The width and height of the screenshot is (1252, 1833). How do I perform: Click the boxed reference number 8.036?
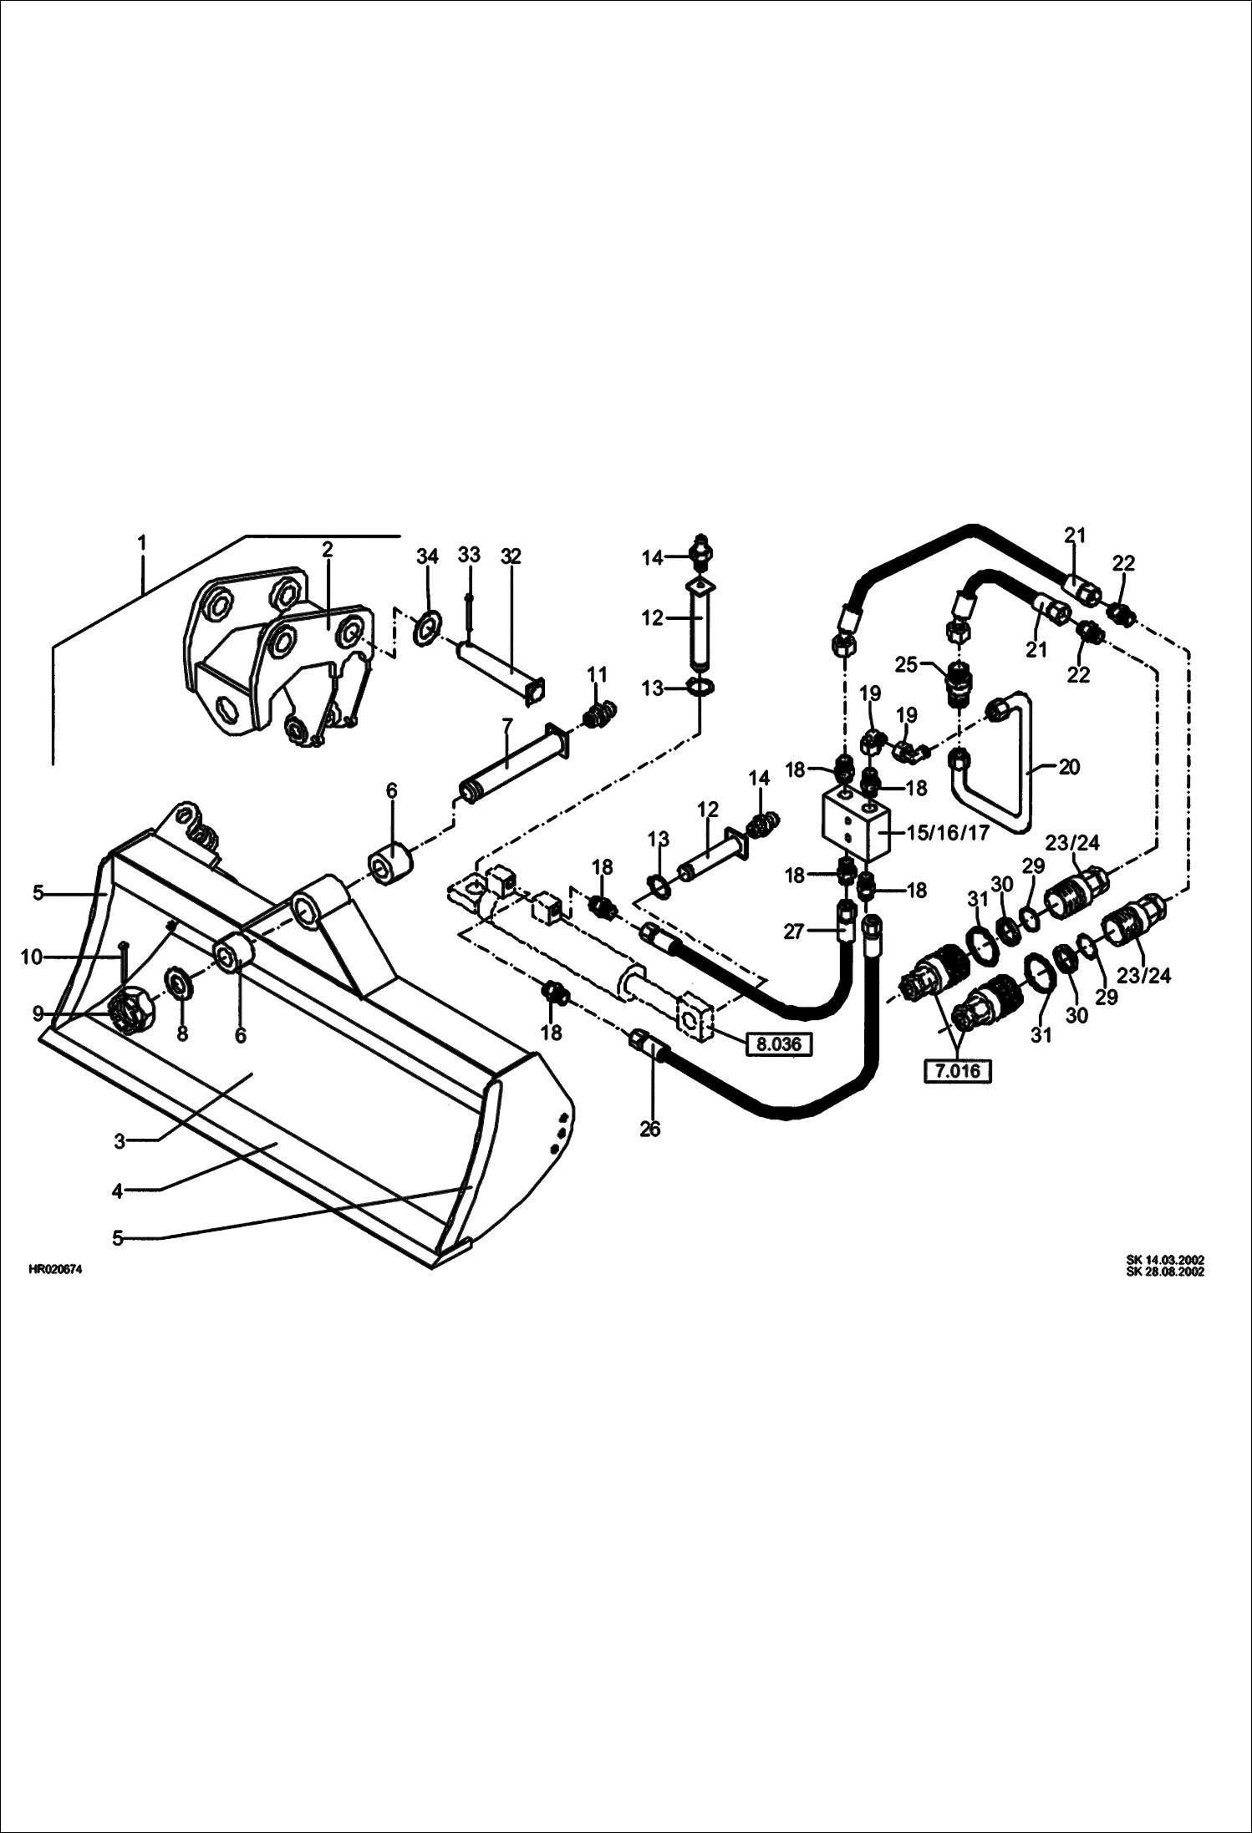pos(778,1043)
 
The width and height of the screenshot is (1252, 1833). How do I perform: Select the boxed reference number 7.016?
pos(957,1071)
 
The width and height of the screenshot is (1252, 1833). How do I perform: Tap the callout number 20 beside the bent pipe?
pos(1069,767)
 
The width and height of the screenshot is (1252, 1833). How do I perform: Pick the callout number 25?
pos(906,665)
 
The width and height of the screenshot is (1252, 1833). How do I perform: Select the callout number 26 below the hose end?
pos(649,1130)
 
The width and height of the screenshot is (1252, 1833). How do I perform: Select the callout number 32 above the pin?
pos(511,556)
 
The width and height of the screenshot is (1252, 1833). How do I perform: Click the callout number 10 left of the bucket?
pos(31,957)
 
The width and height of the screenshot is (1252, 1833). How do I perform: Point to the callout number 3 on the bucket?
pos(120,1141)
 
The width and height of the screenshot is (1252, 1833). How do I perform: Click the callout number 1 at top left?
pos(142,544)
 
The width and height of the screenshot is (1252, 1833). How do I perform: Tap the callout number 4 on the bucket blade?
pos(117,1191)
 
